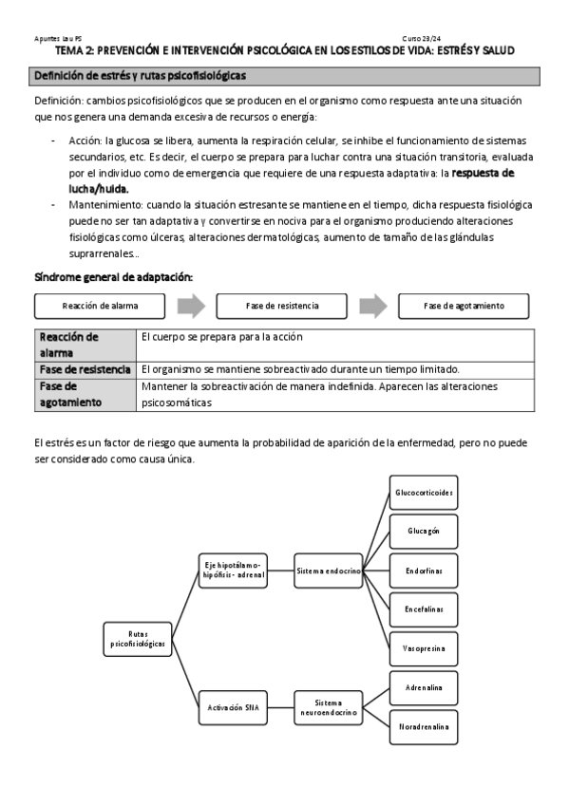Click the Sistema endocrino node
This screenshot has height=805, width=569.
pos(328,571)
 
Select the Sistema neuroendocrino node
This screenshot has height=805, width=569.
pos(328,706)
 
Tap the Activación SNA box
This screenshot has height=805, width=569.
pos(232,706)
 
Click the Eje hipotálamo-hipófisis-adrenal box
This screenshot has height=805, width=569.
pos(232,570)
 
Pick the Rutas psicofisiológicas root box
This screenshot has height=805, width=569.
pos(137,638)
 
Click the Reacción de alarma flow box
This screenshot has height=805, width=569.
pos(100,306)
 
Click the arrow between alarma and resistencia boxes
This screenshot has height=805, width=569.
pos(191,306)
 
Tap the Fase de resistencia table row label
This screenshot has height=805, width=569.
pos(85,368)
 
